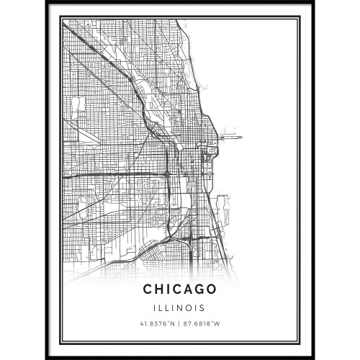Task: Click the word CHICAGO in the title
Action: pyautogui.click(x=180, y=289)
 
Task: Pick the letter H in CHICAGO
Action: pyautogui.click(x=161, y=289)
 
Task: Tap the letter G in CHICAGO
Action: pyautogui.click(x=197, y=289)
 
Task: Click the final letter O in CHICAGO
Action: pyautogui.click(x=210, y=289)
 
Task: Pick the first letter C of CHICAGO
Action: pyautogui.click(x=149, y=289)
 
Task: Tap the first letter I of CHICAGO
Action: pyautogui.click(x=169, y=289)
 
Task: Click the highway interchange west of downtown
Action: pyautogui.click(x=166, y=174)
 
